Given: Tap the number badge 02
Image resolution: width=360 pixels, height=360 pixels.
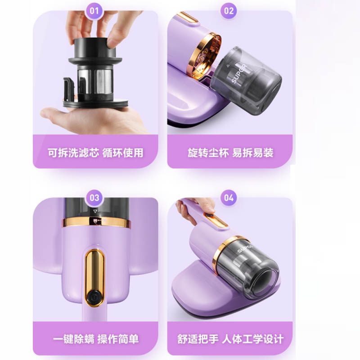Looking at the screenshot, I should (x=229, y=11).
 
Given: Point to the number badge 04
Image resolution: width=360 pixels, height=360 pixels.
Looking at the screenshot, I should (x=229, y=198).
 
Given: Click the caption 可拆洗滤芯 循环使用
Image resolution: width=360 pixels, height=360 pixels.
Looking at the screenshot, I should (x=95, y=153).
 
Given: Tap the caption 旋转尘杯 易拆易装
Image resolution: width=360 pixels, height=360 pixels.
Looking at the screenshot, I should (x=230, y=153).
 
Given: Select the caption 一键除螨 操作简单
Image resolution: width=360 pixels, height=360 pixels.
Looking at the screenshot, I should (x=95, y=338).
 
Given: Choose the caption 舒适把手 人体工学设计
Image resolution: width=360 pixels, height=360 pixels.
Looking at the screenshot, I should (x=230, y=338).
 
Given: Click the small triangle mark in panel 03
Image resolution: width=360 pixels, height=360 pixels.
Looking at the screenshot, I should (x=94, y=211).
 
